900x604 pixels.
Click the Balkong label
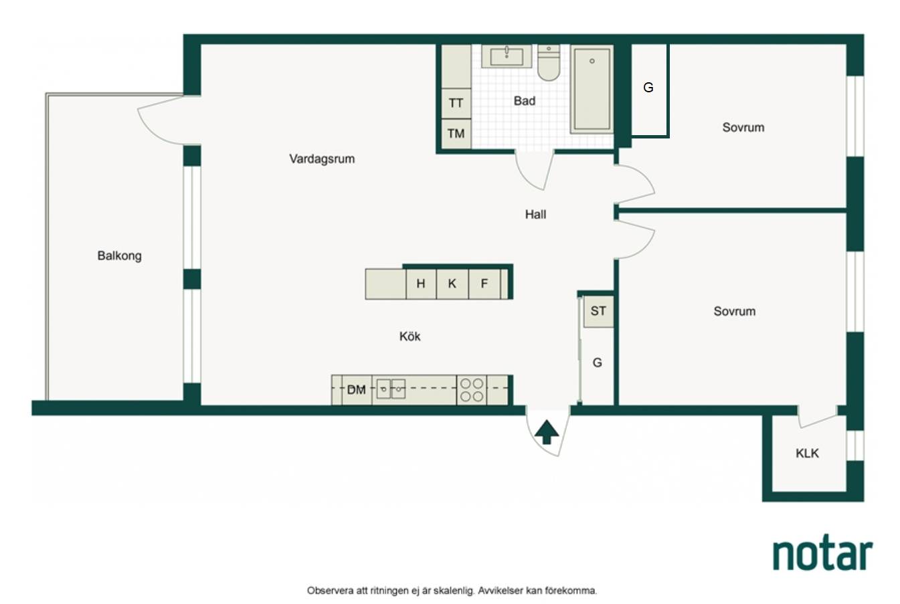[x=119, y=256]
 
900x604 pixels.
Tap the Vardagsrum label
[x=322, y=159]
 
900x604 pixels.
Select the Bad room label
[x=525, y=101]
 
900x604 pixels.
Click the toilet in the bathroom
[x=549, y=63]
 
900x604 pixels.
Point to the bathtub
[x=592, y=89]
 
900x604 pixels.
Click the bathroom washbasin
[x=507, y=56]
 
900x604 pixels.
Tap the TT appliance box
[x=456, y=104]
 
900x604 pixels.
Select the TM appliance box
[x=456, y=134]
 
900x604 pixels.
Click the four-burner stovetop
[x=472, y=390]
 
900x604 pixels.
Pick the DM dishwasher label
[x=357, y=389]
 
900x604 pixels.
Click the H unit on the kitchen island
[x=421, y=284]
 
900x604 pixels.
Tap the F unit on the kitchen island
[x=484, y=284]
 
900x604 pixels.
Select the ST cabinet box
[x=599, y=311]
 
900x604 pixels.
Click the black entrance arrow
[x=547, y=431]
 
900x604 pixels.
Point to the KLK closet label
[x=807, y=454]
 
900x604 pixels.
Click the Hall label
[x=535, y=215]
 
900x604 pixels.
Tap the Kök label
[x=410, y=336]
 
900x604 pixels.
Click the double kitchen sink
[x=391, y=389]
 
